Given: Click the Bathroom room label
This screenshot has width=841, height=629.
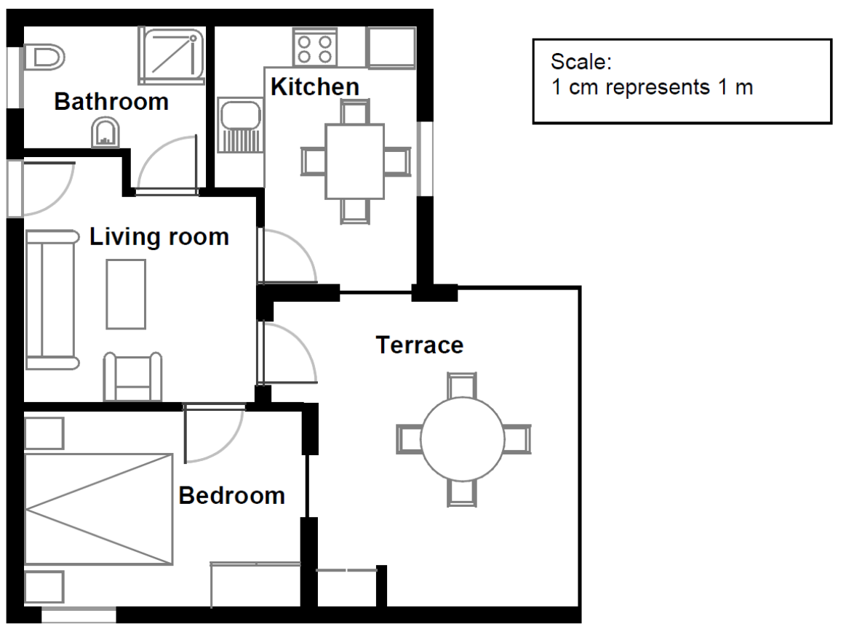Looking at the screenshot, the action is pyautogui.click(x=111, y=101).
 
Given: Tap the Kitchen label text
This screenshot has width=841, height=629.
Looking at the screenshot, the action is pyautogui.click(x=315, y=87).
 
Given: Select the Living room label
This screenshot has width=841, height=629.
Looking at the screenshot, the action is pyautogui.click(x=159, y=236).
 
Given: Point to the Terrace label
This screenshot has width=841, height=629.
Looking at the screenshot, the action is pyautogui.click(x=420, y=345).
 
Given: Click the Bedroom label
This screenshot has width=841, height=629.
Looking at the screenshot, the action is pyautogui.click(x=231, y=495).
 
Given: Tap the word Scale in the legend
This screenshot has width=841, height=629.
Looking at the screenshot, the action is pyautogui.click(x=581, y=62).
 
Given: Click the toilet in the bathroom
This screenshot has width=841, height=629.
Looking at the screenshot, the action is pyautogui.click(x=44, y=57).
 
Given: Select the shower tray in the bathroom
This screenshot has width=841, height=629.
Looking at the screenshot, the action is pyautogui.click(x=172, y=56).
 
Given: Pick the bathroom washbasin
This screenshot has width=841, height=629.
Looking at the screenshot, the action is pyautogui.click(x=105, y=132).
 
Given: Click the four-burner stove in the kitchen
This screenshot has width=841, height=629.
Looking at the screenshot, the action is pyautogui.click(x=315, y=48).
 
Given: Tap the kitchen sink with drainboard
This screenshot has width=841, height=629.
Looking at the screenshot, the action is pyautogui.click(x=240, y=126).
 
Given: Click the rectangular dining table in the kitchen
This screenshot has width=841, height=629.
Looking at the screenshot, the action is pyautogui.click(x=354, y=161).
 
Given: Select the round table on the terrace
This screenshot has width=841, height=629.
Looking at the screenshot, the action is pyautogui.click(x=463, y=439).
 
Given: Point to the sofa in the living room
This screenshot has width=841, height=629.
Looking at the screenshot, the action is pyautogui.click(x=51, y=300).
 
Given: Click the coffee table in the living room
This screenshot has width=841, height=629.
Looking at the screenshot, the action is pyautogui.click(x=126, y=294).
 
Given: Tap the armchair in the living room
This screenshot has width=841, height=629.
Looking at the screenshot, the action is pyautogui.click(x=132, y=377).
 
